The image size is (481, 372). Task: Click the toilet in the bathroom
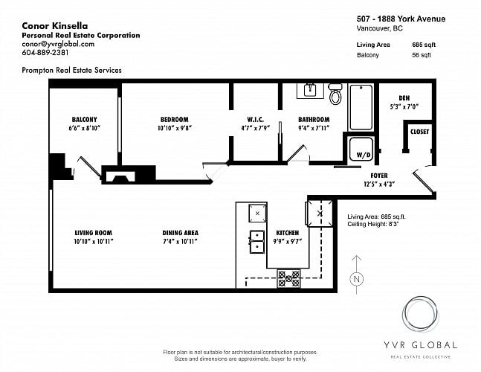click(x=335, y=94)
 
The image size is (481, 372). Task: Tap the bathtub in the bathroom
click(x=361, y=107)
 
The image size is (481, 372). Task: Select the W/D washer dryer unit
click(x=361, y=149)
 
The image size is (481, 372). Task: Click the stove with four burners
click(x=288, y=278)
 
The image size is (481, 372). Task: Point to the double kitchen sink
click(x=257, y=242)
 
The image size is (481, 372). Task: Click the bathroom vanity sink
click(x=310, y=91)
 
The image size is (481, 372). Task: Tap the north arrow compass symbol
click(x=356, y=275)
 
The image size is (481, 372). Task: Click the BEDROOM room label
click(x=174, y=119)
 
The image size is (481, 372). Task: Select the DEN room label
click(x=404, y=98)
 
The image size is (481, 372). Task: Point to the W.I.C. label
click(x=255, y=119)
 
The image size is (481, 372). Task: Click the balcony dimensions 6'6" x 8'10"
click(x=85, y=128)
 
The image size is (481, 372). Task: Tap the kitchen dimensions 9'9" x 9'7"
click(x=288, y=242)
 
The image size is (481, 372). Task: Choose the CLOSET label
click(x=419, y=132)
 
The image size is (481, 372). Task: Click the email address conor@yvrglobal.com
click(x=58, y=44)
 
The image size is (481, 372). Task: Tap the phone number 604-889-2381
click(x=45, y=53)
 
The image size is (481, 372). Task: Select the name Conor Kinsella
click(x=54, y=26)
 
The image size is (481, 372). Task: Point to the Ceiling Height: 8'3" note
click(x=372, y=224)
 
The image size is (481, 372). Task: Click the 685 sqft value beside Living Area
click(x=424, y=45)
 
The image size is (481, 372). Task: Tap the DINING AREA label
click(x=181, y=233)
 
